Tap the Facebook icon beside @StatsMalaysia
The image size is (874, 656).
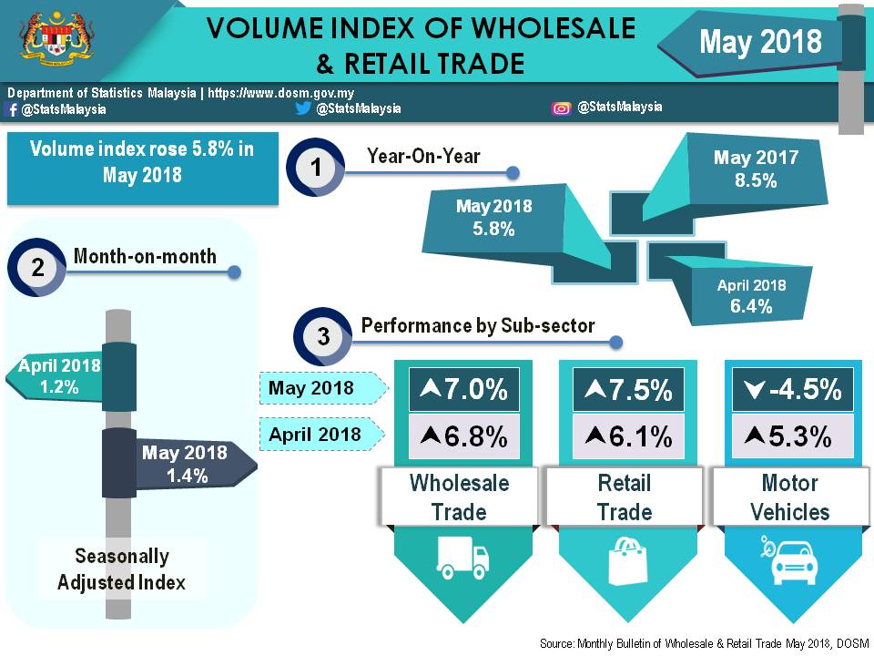tap(12, 109)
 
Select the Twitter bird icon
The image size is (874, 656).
tap(303, 108)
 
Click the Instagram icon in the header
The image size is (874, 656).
tap(562, 108)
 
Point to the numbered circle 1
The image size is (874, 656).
tap(315, 168)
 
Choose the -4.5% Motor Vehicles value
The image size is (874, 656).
tap(790, 390)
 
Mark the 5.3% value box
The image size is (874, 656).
tap(790, 436)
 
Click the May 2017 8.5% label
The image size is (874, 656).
tap(756, 169)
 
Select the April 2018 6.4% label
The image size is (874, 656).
tap(751, 296)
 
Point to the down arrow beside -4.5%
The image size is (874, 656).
tap(752, 390)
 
